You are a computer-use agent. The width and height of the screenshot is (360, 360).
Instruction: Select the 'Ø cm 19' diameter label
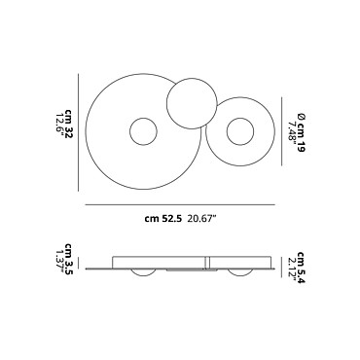pyautogui.click(x=302, y=132)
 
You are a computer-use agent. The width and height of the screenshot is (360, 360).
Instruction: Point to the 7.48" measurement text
pyautogui.click(x=293, y=132)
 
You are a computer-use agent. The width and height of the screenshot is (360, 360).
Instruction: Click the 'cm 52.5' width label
pyautogui.click(x=163, y=218)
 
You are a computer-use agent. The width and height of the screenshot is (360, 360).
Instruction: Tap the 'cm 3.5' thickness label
pyautogui.click(x=68, y=259)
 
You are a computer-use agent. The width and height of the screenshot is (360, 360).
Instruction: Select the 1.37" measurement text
pyautogui.click(x=60, y=261)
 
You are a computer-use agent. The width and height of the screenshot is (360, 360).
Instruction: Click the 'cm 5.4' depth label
pyautogui.click(x=302, y=267)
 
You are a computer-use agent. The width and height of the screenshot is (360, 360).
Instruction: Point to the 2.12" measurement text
pyautogui.click(x=293, y=269)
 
